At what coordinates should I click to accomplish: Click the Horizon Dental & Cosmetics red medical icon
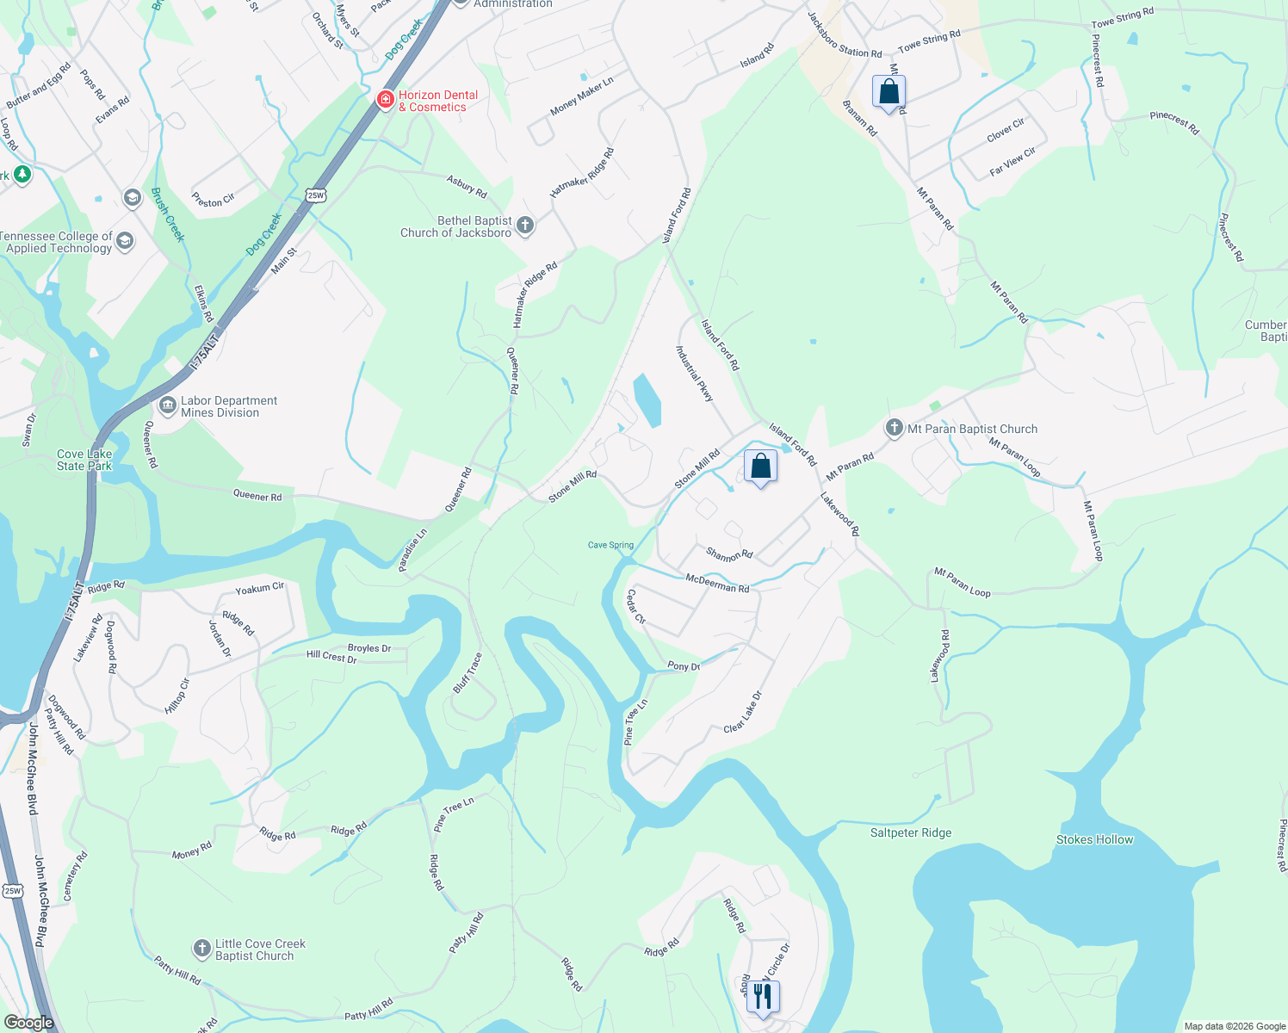point(385,101)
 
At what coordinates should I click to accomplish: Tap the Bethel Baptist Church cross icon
point(524,226)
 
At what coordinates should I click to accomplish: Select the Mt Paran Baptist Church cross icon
point(895,428)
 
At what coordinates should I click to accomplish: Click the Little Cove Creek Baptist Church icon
point(201,949)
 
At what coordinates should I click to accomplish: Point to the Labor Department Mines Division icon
point(167,405)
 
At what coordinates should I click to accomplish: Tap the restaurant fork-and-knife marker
point(762,997)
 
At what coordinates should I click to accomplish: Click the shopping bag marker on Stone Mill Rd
point(760,467)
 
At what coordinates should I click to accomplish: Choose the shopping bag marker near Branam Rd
point(889,92)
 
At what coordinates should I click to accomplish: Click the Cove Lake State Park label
point(84,460)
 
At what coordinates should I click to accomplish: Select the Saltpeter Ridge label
point(911,832)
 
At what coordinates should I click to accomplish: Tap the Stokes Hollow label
point(1094,839)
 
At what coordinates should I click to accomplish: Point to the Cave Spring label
point(610,545)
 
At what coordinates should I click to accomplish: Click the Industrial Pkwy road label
point(695,374)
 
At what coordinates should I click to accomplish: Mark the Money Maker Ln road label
point(581,96)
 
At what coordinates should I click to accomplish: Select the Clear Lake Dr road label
point(743,712)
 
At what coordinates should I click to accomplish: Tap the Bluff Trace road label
point(468,673)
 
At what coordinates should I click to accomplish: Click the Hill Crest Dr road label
point(331,657)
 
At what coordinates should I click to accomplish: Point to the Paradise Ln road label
point(412,550)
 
